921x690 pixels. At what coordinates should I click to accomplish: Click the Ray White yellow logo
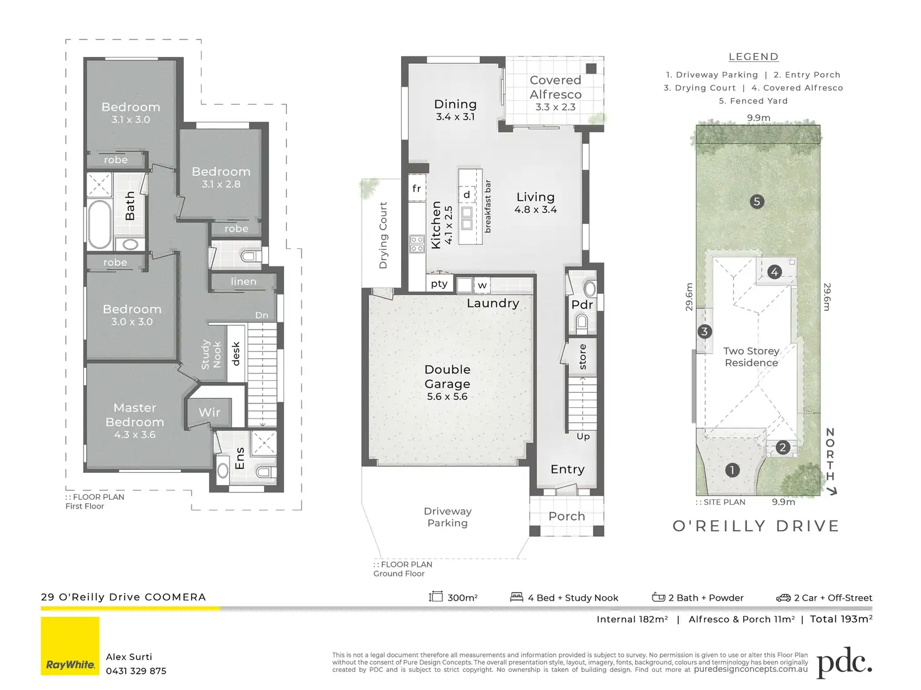tap(70, 646)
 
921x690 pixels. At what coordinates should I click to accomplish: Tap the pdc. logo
tap(844, 663)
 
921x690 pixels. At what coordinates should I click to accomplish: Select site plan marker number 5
tap(757, 202)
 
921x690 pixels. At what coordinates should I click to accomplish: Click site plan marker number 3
tap(705, 332)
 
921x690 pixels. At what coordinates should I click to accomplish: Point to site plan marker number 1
tap(732, 470)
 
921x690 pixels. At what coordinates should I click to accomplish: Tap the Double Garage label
tap(447, 377)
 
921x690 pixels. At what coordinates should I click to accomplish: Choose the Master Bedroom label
tap(135, 415)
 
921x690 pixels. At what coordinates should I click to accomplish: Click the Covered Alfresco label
tap(556, 87)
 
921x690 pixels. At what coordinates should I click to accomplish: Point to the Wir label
tap(210, 412)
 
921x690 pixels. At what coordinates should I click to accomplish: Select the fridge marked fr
tap(417, 188)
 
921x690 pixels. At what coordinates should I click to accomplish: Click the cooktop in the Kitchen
tap(417, 244)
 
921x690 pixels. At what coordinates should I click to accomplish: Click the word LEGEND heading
tap(753, 57)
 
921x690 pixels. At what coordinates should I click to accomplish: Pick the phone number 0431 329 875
tap(136, 671)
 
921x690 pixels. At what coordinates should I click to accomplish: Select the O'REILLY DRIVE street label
tap(756, 526)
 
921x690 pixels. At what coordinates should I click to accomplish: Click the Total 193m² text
tap(842, 619)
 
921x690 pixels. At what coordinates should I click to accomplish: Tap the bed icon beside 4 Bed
tap(517, 597)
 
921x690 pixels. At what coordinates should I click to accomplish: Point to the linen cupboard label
tap(243, 282)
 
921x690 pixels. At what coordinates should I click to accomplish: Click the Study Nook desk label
tap(236, 353)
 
